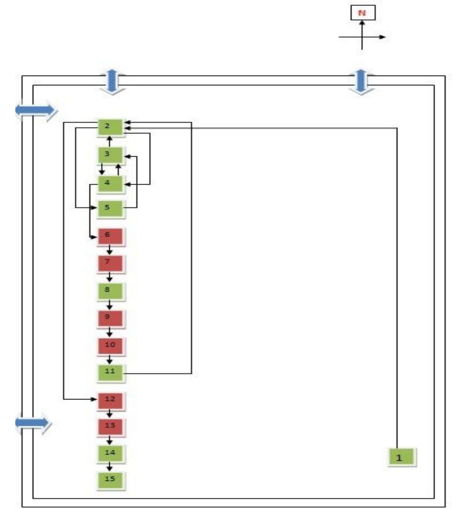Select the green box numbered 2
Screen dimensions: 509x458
click(x=110, y=127)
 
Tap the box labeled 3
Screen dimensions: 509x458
click(x=110, y=155)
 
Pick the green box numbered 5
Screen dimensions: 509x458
click(x=110, y=208)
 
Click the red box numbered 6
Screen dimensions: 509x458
click(x=110, y=236)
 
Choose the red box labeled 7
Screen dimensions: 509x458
click(x=110, y=263)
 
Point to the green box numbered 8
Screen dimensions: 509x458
click(x=110, y=291)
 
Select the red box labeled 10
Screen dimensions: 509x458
click(x=110, y=345)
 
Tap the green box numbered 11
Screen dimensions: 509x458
click(x=110, y=372)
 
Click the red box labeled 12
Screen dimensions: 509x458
click(x=110, y=400)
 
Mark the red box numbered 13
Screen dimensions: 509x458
click(x=110, y=426)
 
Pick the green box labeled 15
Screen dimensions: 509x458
click(x=110, y=480)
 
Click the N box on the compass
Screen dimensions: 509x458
click(x=362, y=13)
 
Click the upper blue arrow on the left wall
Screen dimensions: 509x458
click(x=36, y=110)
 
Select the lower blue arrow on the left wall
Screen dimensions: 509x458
click(x=33, y=422)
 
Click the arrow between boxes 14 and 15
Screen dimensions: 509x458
click(x=110, y=466)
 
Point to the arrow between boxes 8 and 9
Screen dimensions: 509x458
click(x=110, y=304)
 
